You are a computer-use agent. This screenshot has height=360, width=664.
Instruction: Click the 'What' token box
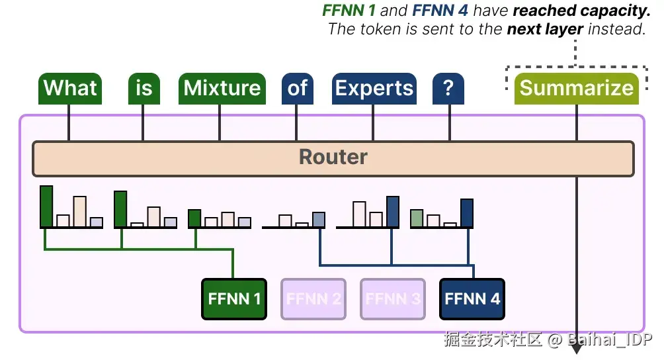pyautogui.click(x=70, y=89)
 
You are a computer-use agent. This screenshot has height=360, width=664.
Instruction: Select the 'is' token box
pyautogui.click(x=144, y=89)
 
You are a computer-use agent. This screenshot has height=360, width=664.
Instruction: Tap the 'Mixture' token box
pyautogui.click(x=222, y=89)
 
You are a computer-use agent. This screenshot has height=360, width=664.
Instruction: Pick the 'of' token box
pyautogui.click(x=298, y=89)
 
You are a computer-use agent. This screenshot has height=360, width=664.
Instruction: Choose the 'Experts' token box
pyautogui.click(x=374, y=89)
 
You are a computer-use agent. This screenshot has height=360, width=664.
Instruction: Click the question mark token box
pyautogui.click(x=448, y=89)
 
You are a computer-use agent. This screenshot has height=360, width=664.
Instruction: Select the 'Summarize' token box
pyautogui.click(x=576, y=89)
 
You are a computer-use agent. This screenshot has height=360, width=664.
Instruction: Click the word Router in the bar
pyautogui.click(x=333, y=157)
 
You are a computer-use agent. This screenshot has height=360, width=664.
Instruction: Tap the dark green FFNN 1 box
pyautogui.click(x=234, y=299)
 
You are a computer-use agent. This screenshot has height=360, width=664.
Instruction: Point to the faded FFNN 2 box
pyautogui.click(x=313, y=299)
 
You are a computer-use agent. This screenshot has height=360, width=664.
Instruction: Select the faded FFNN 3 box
pyautogui.click(x=393, y=299)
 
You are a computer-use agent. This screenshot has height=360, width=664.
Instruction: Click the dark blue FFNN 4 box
pyautogui.click(x=472, y=299)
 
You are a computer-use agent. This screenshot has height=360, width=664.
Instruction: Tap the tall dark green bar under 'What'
pyautogui.click(x=46, y=206)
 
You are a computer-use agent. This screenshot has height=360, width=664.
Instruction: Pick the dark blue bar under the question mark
pyautogui.click(x=467, y=213)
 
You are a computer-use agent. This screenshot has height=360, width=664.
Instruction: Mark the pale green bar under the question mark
pyautogui.click(x=417, y=218)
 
